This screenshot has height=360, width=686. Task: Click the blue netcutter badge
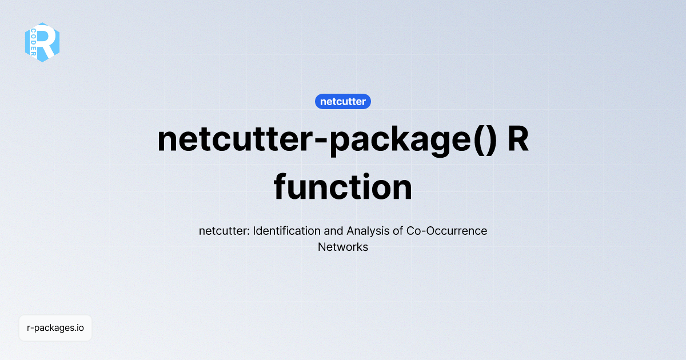click(x=343, y=102)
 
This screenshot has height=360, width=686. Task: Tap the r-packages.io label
click(x=55, y=328)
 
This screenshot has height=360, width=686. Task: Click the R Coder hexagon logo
click(x=42, y=42)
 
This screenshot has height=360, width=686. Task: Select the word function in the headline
click(x=343, y=187)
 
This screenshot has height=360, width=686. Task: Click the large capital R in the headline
click(x=519, y=139)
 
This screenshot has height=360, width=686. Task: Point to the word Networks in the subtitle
click(x=343, y=247)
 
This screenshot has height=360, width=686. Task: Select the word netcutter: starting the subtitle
click(x=224, y=231)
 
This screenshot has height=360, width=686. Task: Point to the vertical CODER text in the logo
click(x=34, y=42)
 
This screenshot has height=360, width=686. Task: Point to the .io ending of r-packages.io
click(x=78, y=328)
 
